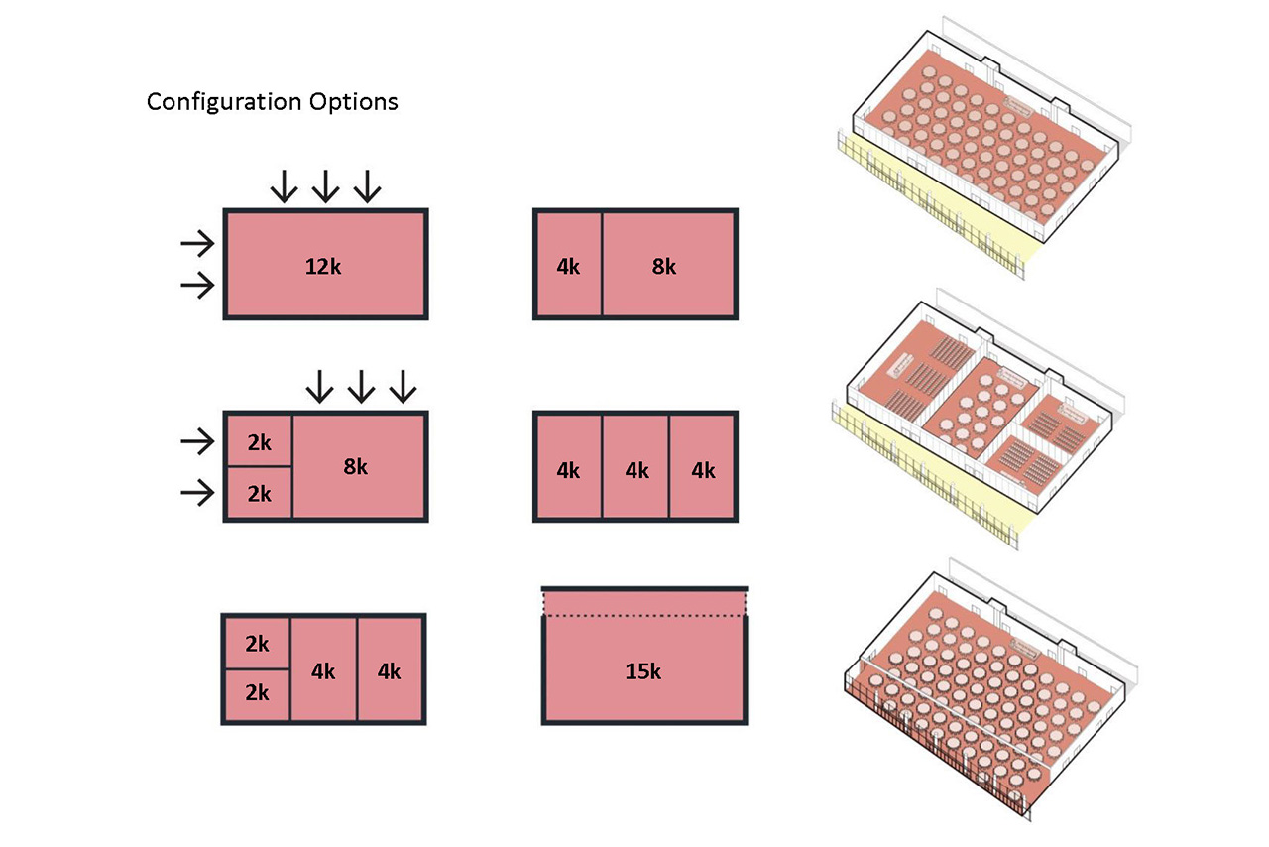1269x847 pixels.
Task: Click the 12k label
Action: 325,266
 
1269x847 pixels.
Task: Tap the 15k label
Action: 642,671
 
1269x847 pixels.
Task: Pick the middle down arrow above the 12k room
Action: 325,185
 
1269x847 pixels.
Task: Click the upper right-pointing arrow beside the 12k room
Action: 197,242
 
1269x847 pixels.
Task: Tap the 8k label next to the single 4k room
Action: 664,266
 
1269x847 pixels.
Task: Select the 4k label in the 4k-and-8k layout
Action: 568,266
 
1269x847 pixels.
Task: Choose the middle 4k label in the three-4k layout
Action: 636,470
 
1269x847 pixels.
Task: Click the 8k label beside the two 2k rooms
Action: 355,466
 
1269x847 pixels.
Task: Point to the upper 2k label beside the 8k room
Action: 258,442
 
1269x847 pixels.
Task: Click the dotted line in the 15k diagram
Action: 643,616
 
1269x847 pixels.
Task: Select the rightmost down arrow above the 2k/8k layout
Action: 402,387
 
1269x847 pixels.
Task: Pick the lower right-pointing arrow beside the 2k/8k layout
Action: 197,491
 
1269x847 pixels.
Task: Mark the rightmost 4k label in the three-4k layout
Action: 703,470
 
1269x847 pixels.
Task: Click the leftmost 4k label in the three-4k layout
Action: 568,470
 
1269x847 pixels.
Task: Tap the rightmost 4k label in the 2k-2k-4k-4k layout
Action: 390,671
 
